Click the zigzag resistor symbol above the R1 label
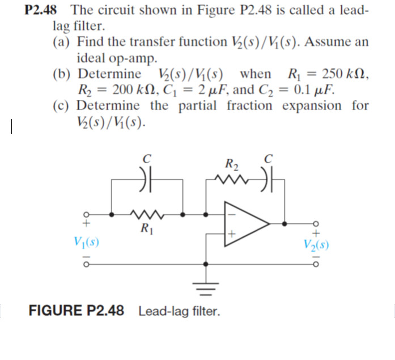pos(146,214)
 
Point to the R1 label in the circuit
pos(147,229)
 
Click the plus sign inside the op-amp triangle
pos(231,233)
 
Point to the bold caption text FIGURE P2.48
pos(76,311)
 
